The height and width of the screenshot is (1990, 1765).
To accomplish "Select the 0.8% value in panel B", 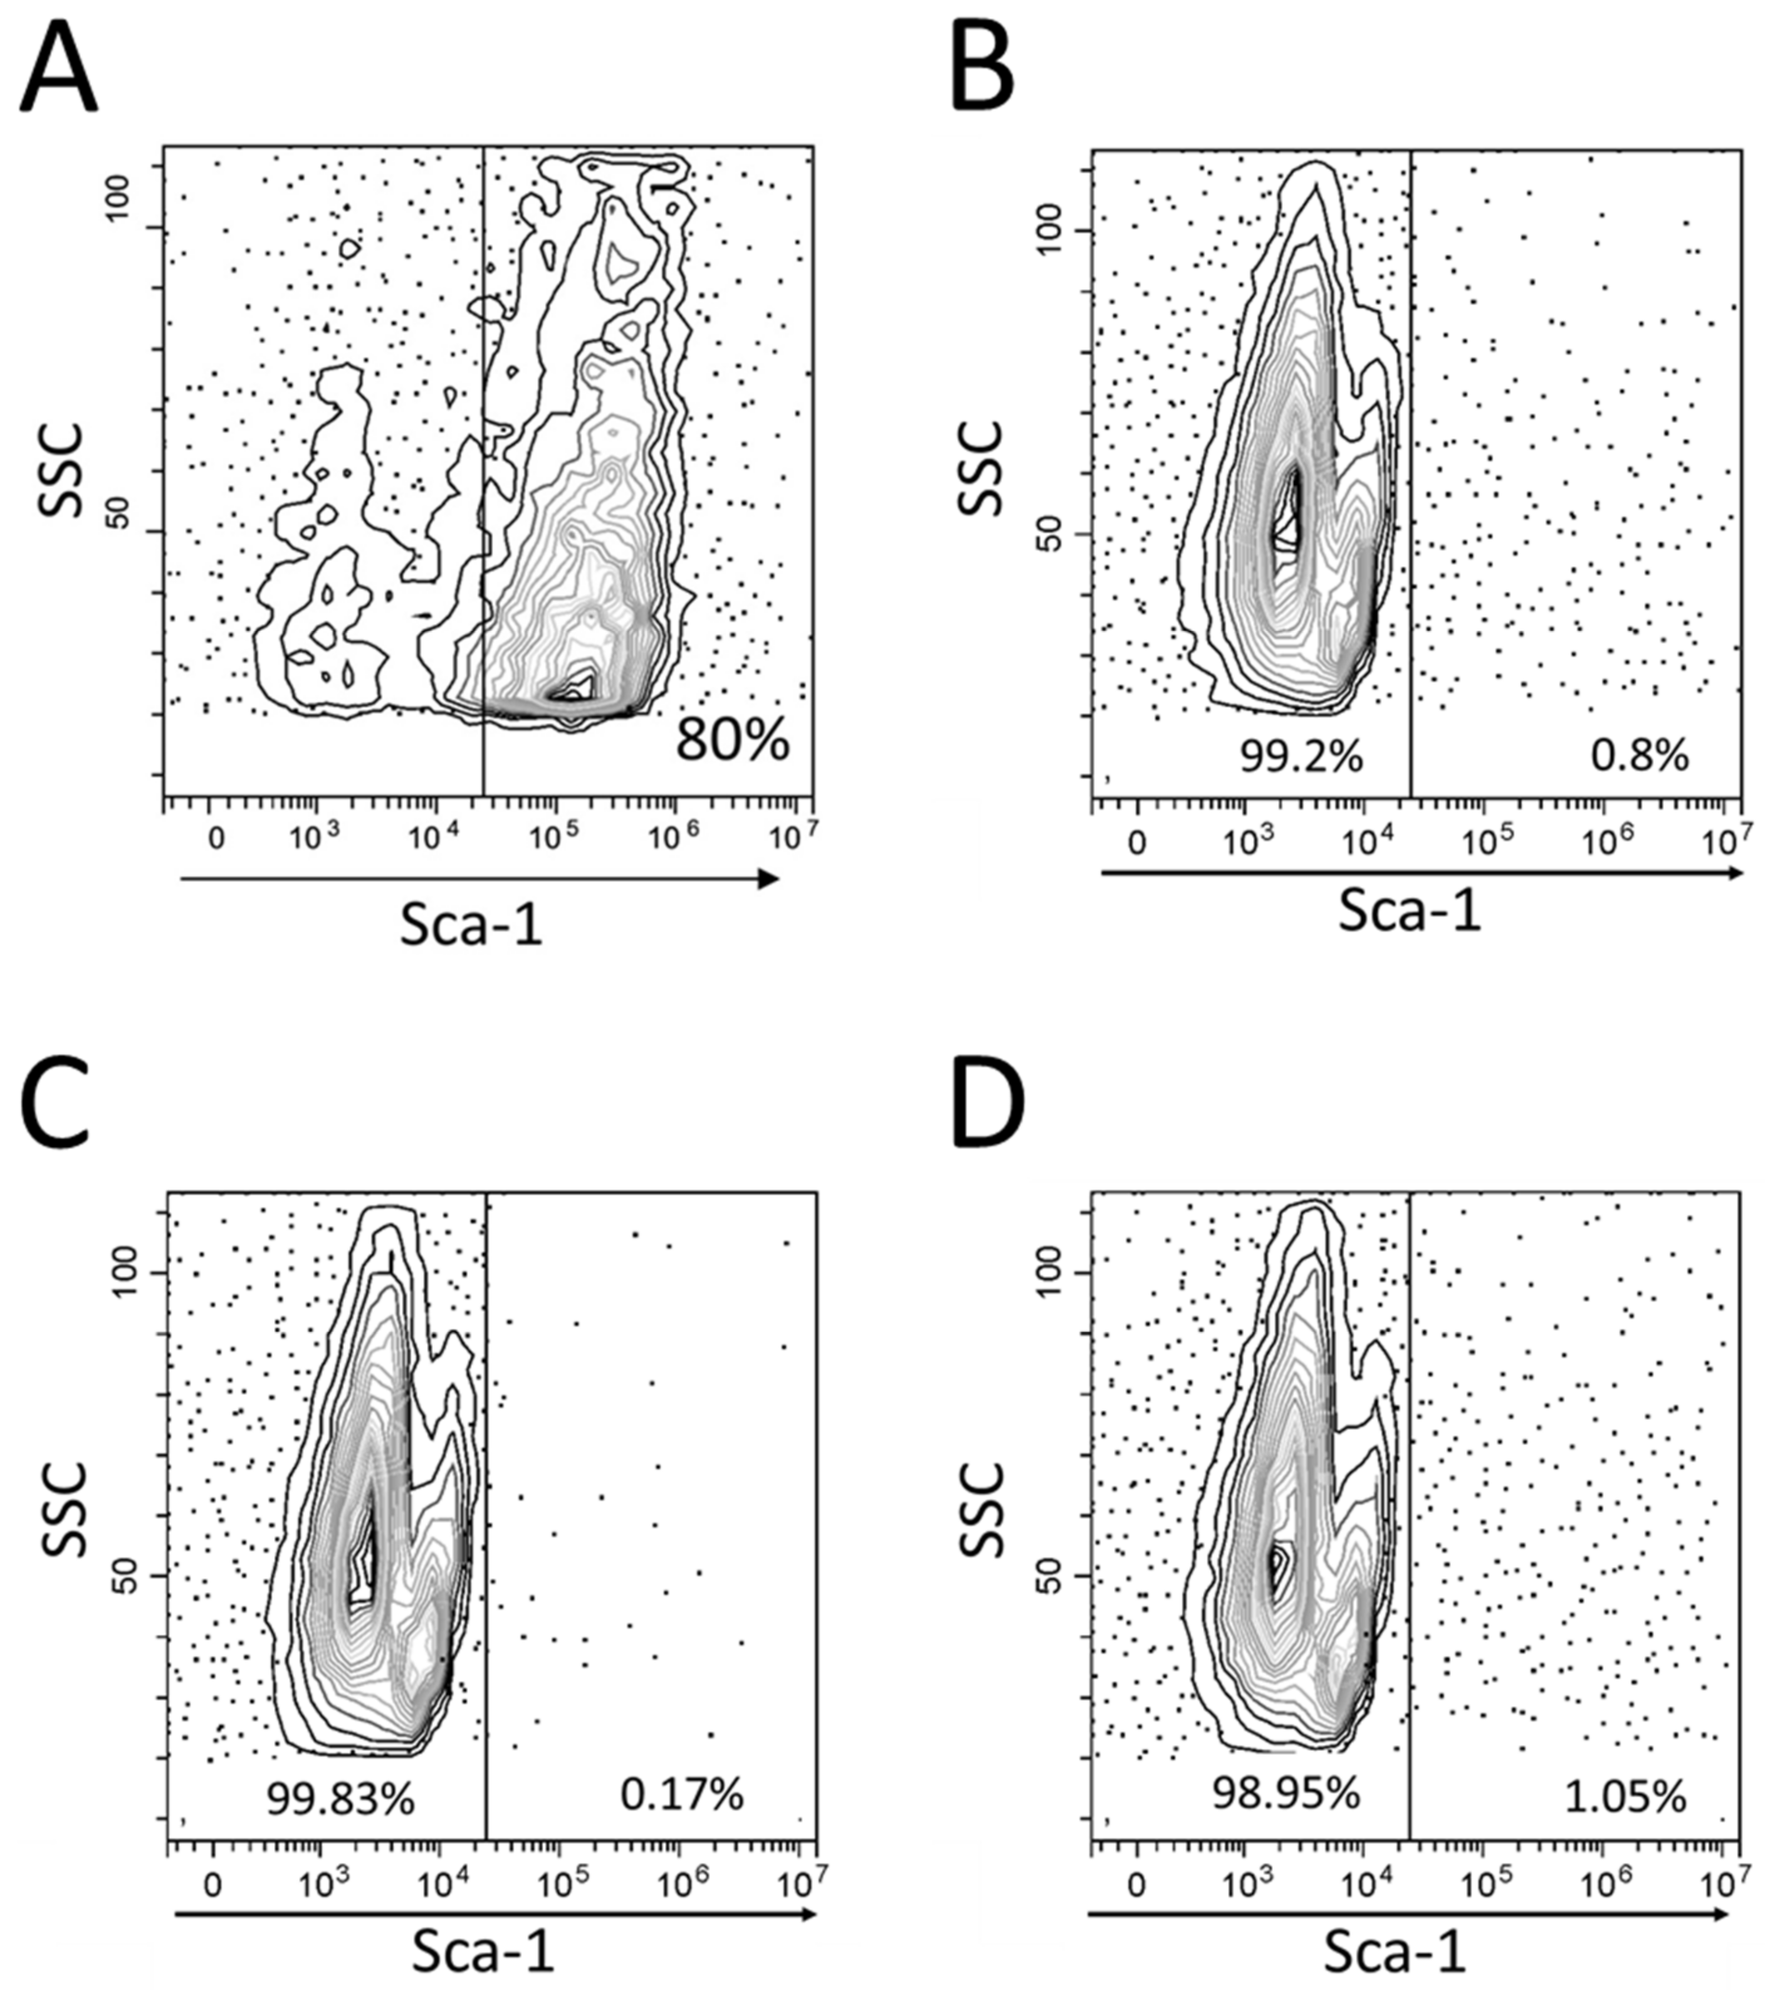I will (x=1640, y=757).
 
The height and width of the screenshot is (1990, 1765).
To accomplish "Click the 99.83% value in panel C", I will (x=340, y=1799).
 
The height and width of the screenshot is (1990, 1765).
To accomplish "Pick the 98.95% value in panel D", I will (x=1285, y=1793).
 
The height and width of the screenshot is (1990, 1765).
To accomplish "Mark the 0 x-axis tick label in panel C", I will (x=212, y=1886).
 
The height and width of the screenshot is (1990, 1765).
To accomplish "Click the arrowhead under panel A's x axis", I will (x=769, y=879).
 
